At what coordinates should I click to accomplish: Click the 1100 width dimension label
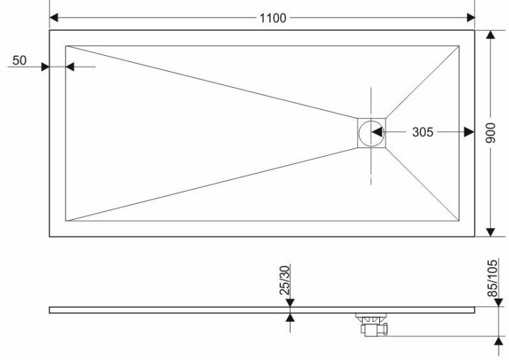(273, 18)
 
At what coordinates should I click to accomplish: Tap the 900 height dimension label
(490, 133)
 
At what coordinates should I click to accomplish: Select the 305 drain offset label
(423, 133)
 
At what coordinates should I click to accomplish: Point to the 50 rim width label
(20, 61)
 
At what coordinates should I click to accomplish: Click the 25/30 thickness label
(284, 280)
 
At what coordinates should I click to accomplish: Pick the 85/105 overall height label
(492, 278)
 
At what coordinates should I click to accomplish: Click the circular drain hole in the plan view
(371, 133)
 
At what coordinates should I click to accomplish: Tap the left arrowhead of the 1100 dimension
(54, 17)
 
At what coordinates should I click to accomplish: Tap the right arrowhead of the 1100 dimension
(471, 17)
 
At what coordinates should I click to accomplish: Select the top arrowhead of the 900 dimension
(490, 34)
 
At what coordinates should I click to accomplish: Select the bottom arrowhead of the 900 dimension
(490, 232)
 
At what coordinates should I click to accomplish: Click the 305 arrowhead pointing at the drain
(376, 133)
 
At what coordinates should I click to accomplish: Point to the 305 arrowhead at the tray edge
(470, 133)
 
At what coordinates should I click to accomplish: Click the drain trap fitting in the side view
(372, 324)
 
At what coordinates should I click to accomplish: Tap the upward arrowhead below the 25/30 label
(290, 317)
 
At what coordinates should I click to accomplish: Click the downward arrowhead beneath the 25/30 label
(290, 303)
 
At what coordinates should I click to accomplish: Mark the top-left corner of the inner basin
(66, 46)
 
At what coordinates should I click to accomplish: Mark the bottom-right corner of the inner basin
(459, 221)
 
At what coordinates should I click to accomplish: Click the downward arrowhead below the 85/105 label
(499, 303)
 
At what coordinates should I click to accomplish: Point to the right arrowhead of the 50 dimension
(70, 66)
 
